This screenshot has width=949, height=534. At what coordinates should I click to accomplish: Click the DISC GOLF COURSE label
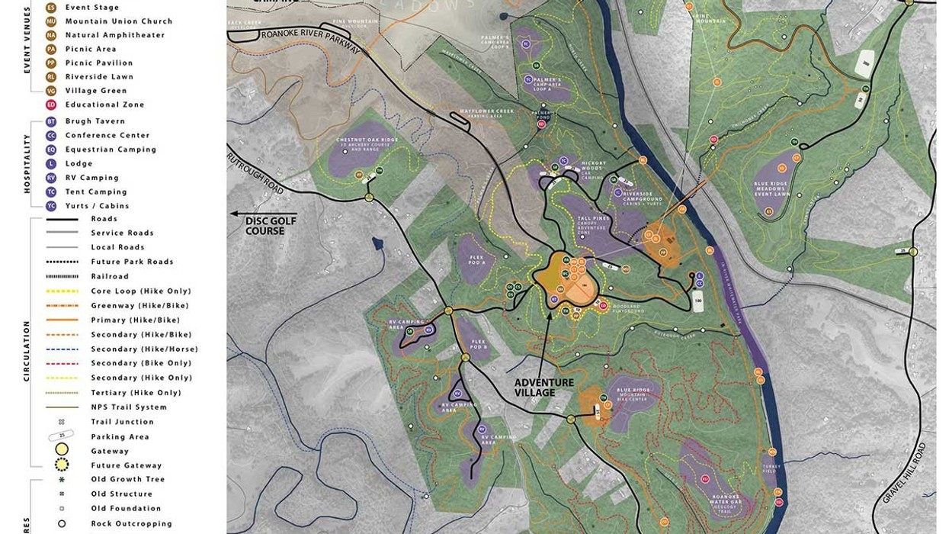[265, 226]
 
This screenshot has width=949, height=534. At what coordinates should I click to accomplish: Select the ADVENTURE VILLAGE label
[543, 388]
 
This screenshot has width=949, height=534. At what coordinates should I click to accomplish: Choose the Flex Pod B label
[479, 343]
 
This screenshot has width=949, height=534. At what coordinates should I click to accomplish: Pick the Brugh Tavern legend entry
[95, 121]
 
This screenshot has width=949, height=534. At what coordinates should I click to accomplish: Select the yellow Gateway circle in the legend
[62, 451]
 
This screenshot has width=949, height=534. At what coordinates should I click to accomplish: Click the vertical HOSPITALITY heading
[27, 163]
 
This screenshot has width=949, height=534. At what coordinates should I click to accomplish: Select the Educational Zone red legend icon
[51, 105]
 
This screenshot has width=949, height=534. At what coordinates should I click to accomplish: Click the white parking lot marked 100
[697, 300]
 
